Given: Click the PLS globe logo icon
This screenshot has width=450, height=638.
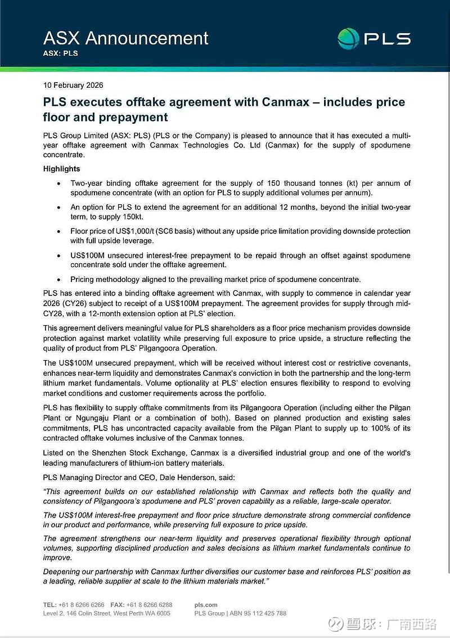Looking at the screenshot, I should [348, 38].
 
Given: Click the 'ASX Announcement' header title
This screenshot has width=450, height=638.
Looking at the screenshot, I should [125, 38].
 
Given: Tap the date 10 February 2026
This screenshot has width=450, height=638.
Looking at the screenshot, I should [73, 86].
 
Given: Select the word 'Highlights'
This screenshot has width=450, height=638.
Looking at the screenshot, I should [62, 169].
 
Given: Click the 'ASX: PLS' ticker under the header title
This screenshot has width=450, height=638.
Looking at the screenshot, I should [60, 53].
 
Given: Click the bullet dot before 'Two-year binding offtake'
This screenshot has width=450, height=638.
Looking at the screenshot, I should [60, 183].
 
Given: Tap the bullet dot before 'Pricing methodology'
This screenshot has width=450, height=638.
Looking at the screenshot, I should [60, 279].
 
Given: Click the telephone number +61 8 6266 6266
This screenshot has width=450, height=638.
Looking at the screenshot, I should [82, 605].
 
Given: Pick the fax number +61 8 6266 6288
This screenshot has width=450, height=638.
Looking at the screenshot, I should [149, 605].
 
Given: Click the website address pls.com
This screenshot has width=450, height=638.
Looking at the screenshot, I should [206, 605].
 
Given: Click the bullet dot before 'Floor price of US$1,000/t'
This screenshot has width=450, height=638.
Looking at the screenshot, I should [60, 231].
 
